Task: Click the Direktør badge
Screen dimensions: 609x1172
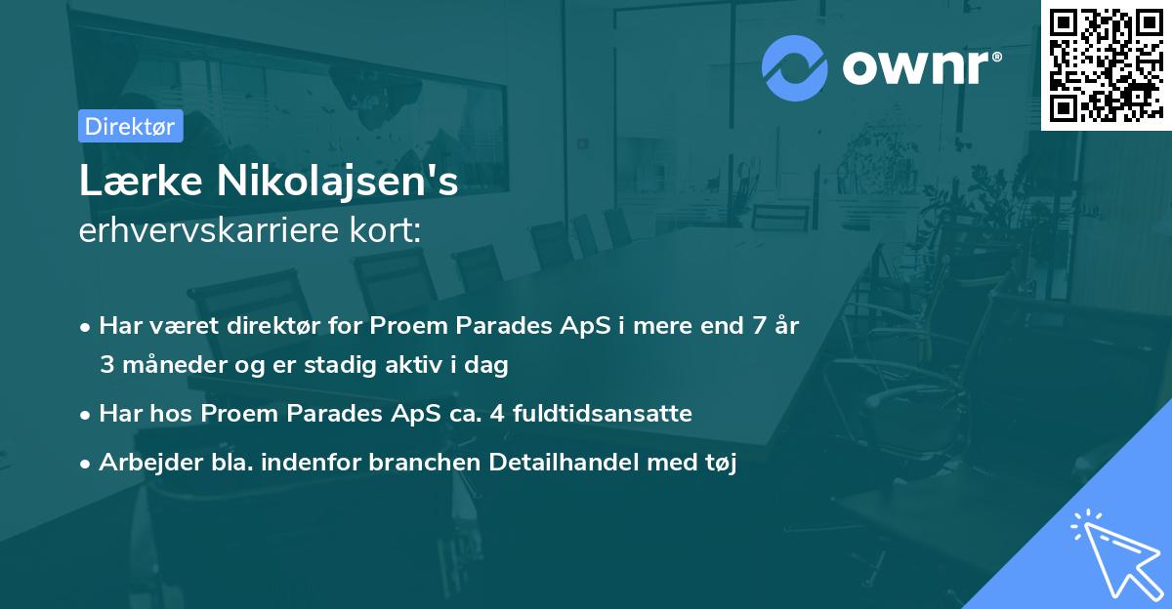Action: click(130, 126)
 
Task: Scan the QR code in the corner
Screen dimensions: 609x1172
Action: click(1106, 65)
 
